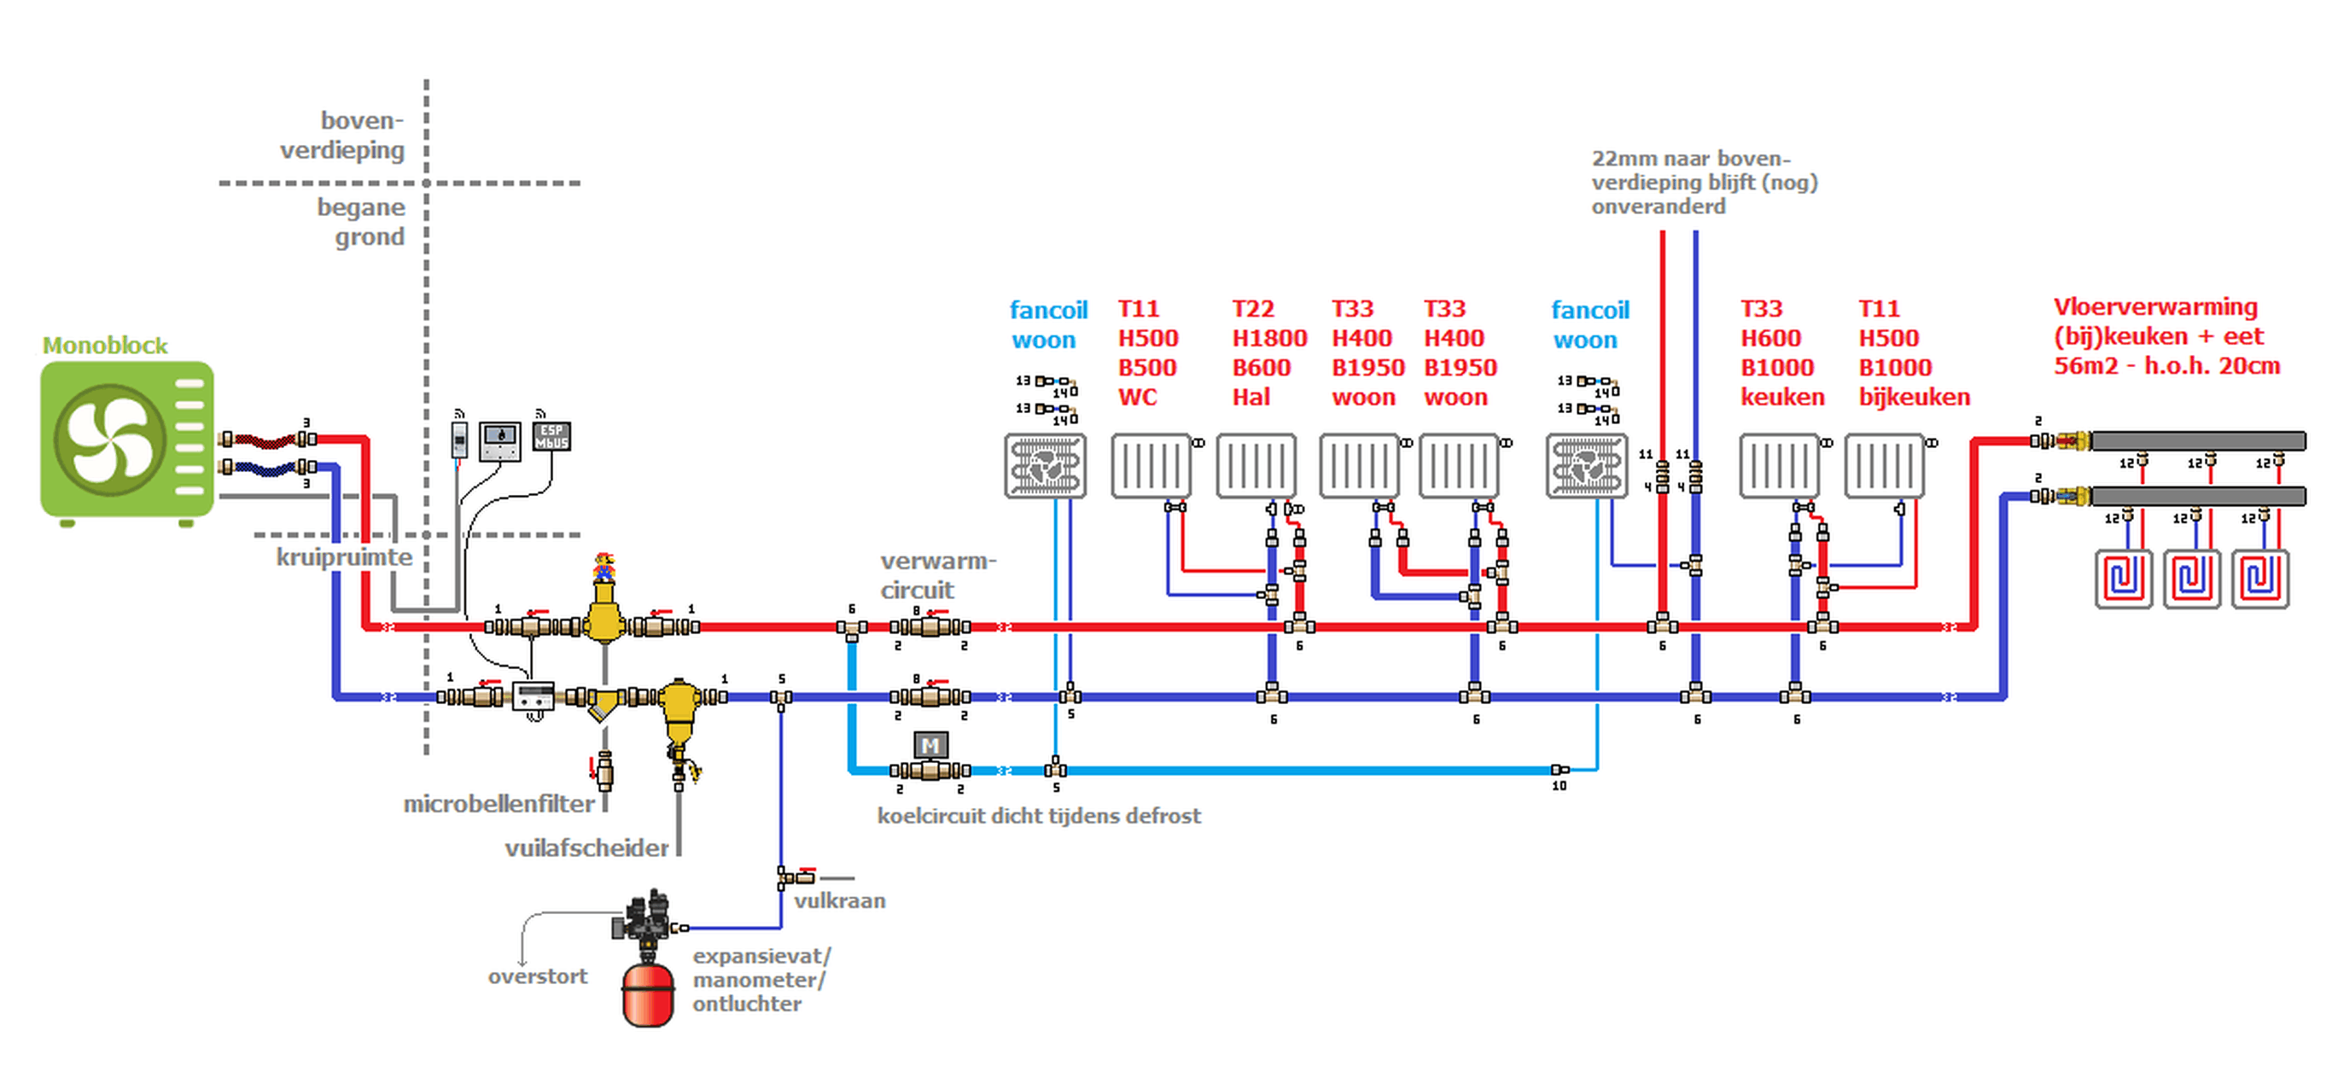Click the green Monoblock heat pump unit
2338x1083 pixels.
(x=127, y=440)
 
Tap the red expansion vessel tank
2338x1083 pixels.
(x=648, y=995)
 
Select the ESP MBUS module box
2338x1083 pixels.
(x=551, y=437)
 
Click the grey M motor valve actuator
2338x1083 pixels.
(x=930, y=746)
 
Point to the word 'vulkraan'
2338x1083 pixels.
(x=840, y=901)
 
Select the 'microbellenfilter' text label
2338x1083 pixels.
(x=499, y=804)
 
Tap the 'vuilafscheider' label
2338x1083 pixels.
(x=586, y=849)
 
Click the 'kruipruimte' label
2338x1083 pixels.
(x=344, y=557)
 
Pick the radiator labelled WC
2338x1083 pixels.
(x=1151, y=467)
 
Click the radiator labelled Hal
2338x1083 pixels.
(x=1256, y=467)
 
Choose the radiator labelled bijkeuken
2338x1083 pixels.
(x=1884, y=467)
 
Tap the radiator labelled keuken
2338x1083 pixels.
(x=1779, y=467)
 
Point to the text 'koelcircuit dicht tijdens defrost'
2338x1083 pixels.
(x=1038, y=816)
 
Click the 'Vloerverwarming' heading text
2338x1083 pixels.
(x=2155, y=308)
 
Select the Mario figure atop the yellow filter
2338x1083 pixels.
(x=603, y=567)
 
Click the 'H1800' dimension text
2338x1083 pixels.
(x=1268, y=339)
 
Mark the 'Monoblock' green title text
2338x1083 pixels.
(x=104, y=346)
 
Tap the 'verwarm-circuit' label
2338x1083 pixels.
(x=936, y=575)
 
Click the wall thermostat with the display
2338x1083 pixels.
(x=500, y=440)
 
